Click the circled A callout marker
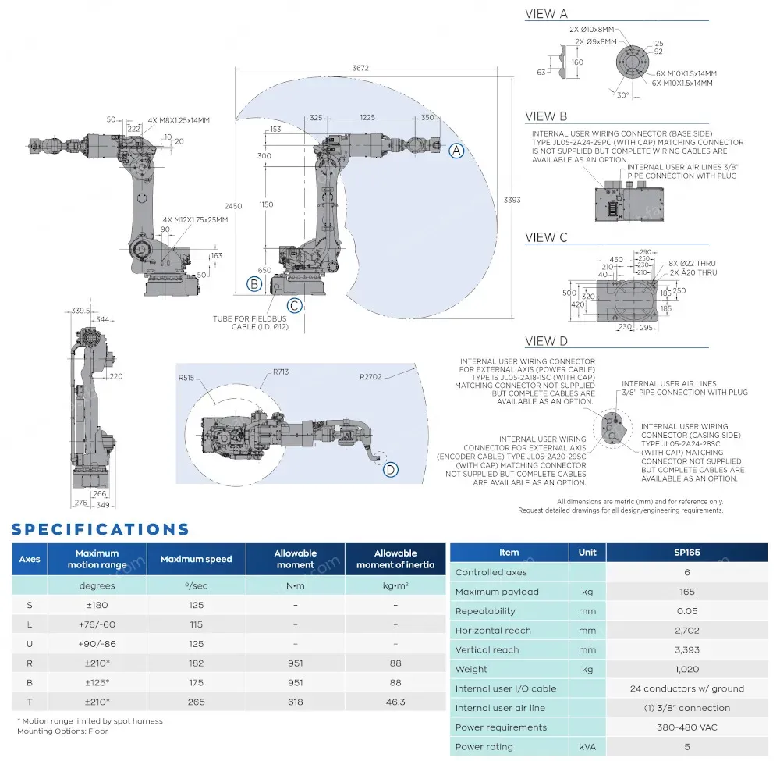click(457, 151)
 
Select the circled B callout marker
click(254, 284)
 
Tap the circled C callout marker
click(294, 305)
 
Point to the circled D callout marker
click(391, 469)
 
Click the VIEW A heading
click(546, 13)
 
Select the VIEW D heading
click(547, 341)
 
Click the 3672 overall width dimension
click(360, 69)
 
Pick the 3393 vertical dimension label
click(512, 200)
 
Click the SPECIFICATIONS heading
click(101, 529)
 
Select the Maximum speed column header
click(196, 559)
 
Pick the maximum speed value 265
click(196, 702)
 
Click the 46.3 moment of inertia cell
click(395, 702)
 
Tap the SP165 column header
click(686, 553)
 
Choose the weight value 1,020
click(686, 669)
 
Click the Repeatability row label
click(485, 611)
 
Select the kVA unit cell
click(587, 746)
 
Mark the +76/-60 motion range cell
click(97, 624)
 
